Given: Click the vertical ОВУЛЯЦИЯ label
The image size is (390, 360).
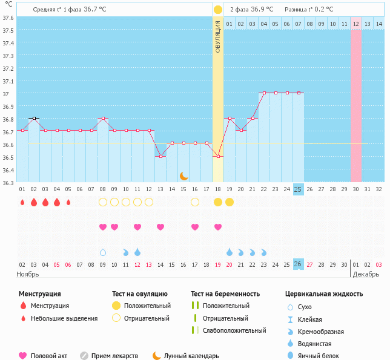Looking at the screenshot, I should (x=218, y=36).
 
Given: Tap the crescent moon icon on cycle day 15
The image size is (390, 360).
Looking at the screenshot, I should (x=183, y=176).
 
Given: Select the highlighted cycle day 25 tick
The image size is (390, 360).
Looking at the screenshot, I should (x=298, y=189).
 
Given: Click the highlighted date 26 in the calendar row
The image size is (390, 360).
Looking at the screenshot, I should (x=298, y=264).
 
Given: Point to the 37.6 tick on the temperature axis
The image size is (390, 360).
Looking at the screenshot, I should (x=8, y=18).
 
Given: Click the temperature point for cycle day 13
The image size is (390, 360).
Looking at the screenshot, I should (x=160, y=156).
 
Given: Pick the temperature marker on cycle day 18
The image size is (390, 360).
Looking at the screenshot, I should (x=218, y=156).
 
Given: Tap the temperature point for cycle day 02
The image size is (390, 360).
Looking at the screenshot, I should (x=34, y=118).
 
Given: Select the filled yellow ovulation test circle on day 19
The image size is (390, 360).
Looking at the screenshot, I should (x=230, y=202).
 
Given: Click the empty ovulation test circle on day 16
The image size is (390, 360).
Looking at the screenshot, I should (x=195, y=202).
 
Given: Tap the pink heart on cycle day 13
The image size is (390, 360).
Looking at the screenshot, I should (x=160, y=227).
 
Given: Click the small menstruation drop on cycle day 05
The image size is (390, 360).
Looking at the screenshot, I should (x=68, y=202).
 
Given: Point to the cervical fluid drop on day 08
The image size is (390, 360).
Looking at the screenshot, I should (x=103, y=252).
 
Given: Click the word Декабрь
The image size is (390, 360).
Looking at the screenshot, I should (x=366, y=274).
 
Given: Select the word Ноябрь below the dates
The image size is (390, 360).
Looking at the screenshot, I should (x=28, y=274).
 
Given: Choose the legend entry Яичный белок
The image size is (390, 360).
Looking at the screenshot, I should (x=323, y=356).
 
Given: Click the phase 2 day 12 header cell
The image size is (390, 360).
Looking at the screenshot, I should (x=356, y=24).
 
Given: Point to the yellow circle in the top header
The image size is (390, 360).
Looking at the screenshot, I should (x=218, y=10).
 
